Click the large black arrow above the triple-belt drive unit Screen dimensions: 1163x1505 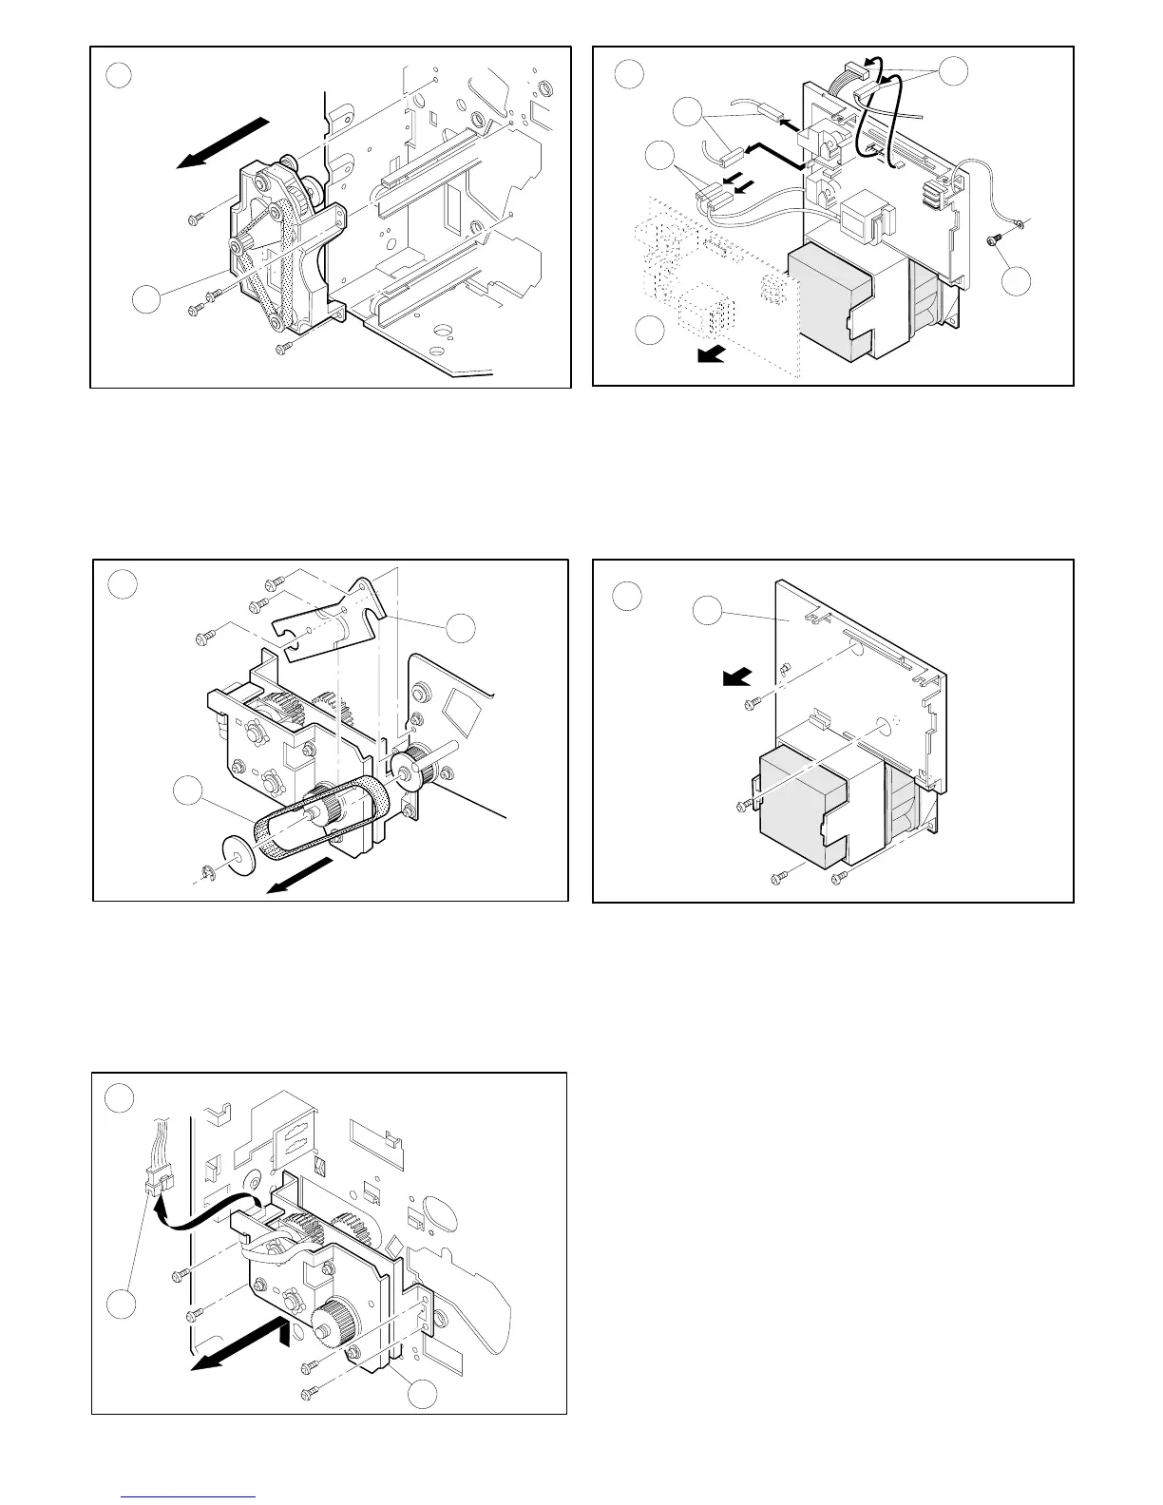(x=221, y=143)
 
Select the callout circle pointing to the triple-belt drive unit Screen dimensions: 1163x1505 (x=146, y=299)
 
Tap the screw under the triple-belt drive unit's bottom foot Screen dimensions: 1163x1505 (x=281, y=350)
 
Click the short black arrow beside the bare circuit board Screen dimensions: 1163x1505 (x=735, y=676)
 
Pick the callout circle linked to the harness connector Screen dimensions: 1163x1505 (x=121, y=1305)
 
